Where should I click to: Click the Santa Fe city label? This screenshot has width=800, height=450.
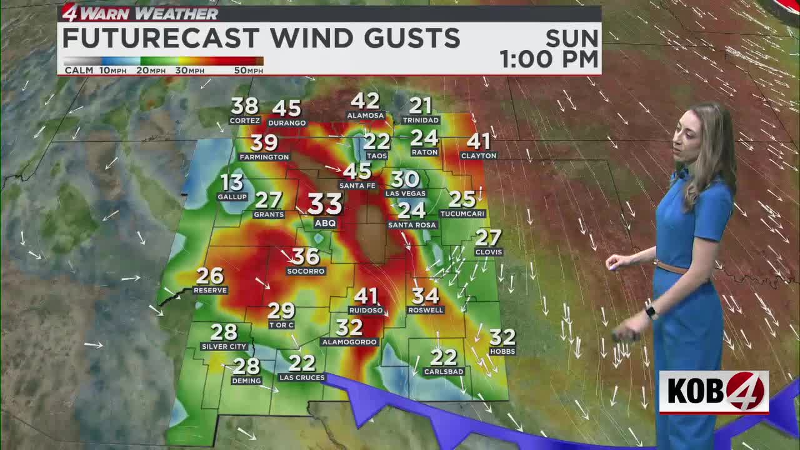pos(357,186)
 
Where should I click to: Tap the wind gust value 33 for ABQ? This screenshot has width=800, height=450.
pos(325,204)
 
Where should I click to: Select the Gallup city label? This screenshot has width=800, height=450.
pos(232,197)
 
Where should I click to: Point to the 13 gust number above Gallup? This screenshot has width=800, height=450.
pos(232,182)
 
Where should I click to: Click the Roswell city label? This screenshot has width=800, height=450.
pos(426,310)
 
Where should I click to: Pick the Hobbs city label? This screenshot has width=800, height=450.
pos(502,352)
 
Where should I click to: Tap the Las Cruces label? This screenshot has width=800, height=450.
pos(302,377)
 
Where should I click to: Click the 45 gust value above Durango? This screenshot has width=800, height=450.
pos(286,109)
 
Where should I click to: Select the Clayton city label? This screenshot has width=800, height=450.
pos(478,156)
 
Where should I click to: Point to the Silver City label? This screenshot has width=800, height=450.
pos(224,346)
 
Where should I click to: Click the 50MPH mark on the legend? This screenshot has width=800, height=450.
pos(248,71)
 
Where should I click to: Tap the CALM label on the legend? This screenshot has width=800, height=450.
pos(79,71)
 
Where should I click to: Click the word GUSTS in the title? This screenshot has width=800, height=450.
pos(400,39)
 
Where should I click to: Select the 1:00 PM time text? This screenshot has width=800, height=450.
pos(549,59)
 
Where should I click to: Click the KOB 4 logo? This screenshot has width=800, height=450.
pos(714,392)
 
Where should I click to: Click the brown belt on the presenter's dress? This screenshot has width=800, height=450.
pos(672,267)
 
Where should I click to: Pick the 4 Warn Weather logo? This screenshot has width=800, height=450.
pos(140,13)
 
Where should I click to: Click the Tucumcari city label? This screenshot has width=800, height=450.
pos(462,214)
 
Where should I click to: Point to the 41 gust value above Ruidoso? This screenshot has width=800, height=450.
pos(366,296)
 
